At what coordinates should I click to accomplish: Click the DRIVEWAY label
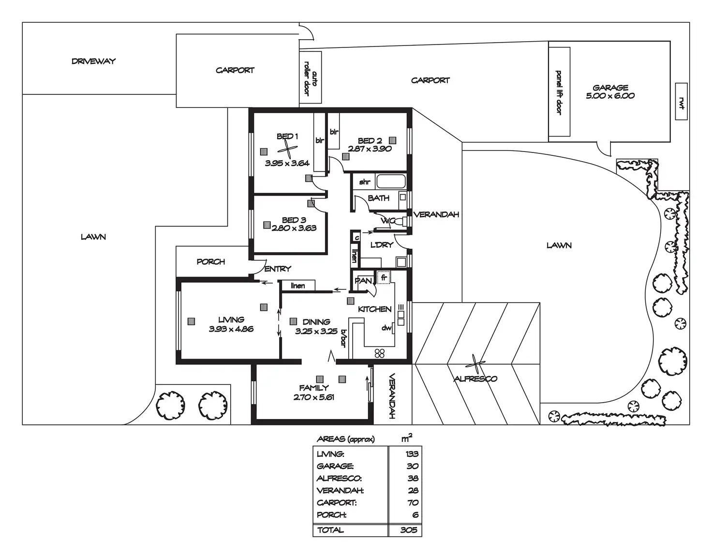pos(93,61)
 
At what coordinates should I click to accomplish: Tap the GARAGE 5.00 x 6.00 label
pos(610,91)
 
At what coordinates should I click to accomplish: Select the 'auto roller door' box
pos(311,77)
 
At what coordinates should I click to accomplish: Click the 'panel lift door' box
pos(559,92)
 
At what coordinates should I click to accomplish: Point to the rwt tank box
pos(681,102)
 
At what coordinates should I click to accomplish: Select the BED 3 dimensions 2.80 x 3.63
pos(294,228)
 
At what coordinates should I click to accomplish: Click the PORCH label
pos(211,262)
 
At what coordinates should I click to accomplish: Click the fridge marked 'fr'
pos(384,278)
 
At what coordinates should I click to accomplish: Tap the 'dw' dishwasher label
pos(386,328)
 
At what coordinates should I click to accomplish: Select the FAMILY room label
pos(314,388)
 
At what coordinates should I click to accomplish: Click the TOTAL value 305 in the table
pos(409,530)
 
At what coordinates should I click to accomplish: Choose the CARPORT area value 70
pos(413,503)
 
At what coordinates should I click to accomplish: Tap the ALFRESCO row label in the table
pos(339,479)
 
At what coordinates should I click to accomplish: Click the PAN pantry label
pos(363,281)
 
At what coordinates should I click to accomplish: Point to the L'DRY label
pos(382,245)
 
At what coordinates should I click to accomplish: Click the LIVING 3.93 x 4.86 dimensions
pos(231,329)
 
